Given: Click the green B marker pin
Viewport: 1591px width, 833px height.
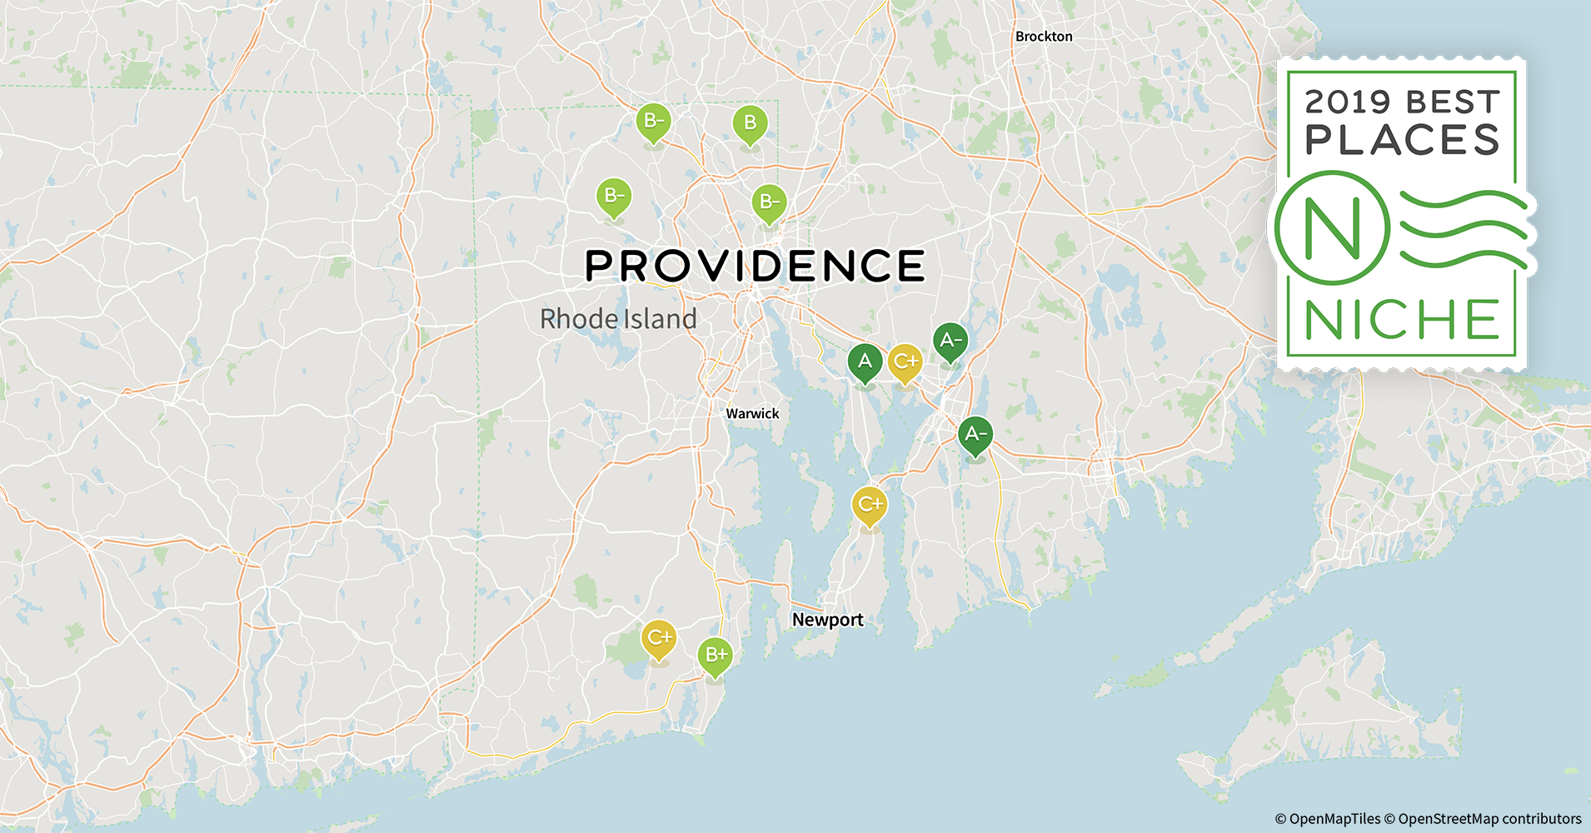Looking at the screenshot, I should tap(750, 123).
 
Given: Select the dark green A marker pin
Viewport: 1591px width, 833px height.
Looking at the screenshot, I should tap(865, 362).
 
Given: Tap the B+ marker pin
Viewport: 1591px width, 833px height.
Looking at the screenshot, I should tap(716, 655).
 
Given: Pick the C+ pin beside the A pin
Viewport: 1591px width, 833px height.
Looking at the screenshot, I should tap(905, 362).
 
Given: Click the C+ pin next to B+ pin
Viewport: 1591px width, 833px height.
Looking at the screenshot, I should tap(658, 638).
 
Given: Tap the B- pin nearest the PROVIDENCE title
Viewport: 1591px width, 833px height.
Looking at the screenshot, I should tap(769, 202).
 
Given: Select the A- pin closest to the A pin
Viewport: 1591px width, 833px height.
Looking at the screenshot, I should tap(950, 341).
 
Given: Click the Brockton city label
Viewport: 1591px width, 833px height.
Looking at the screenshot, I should tap(1044, 37).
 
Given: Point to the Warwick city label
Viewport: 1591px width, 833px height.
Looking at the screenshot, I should tap(752, 414).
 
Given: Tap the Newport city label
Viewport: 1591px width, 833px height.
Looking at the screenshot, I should tap(827, 620).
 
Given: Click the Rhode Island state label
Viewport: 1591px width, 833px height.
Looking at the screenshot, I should tap(618, 319).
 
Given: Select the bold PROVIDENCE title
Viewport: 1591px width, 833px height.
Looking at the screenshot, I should tap(755, 267).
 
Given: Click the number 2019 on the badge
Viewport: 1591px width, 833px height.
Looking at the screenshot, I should tap(1348, 102).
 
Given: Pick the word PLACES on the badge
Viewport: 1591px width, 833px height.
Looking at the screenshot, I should tap(1402, 140).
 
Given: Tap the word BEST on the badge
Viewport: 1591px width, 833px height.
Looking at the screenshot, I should tap(1453, 102).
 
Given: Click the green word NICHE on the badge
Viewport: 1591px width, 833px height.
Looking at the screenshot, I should tap(1402, 320).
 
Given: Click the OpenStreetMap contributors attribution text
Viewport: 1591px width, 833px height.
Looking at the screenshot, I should tap(1489, 819).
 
